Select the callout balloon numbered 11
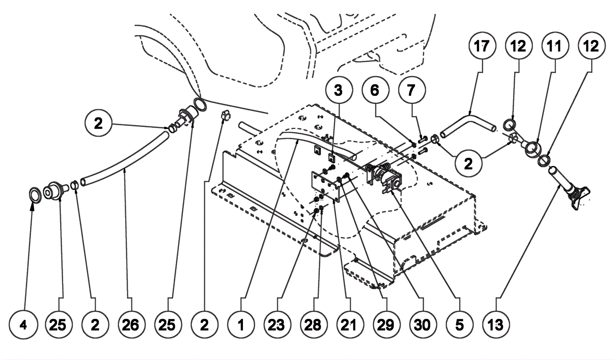click(554, 46)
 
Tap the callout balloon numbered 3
click(338, 91)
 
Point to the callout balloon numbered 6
click(375, 91)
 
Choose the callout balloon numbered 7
click(411, 91)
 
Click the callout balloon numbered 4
click(24, 325)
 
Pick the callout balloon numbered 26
click(130, 325)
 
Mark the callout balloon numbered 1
click(241, 325)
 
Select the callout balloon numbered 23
click(276, 325)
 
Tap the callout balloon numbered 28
click(313, 325)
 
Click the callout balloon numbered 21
click(349, 325)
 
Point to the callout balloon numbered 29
click(385, 325)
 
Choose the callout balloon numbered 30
click(422, 325)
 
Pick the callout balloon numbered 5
click(459, 325)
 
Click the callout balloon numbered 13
click(495, 325)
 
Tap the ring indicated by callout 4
click(35, 195)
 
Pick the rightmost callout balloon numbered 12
click(591, 46)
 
